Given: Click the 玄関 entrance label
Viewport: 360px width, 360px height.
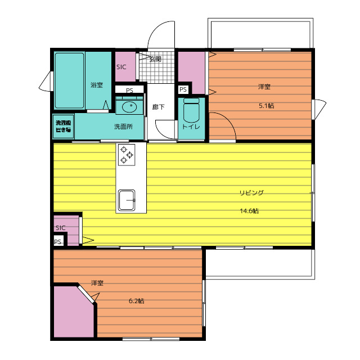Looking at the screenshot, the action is pos(155,59).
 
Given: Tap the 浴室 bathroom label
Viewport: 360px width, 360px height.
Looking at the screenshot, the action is pos(96,85).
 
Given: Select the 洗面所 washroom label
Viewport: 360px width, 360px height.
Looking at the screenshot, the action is pos(123,127).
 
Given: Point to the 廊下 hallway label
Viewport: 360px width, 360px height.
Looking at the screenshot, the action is pos(159,107).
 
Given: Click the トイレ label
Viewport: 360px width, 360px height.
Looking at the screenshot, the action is pos(191,127).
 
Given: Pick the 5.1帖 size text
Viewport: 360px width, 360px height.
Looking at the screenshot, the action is pos(266,106).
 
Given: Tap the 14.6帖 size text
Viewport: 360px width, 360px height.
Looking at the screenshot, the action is pos(249,211).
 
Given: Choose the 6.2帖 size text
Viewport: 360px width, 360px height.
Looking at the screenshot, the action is pos(136,301).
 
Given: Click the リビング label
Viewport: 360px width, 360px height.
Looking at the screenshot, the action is pos(251,192).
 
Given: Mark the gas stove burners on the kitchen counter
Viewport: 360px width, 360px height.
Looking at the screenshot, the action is pos(127,155).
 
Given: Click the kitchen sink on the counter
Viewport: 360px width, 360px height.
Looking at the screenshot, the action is pos(127,200).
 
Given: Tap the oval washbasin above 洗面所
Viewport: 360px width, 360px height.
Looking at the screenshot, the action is pos(129,107).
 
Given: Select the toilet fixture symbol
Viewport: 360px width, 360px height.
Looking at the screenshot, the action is pos(191,110).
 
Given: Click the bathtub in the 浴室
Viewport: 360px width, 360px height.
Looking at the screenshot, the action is pos(69,80).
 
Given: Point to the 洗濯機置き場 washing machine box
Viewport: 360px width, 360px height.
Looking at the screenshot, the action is pos(63,126).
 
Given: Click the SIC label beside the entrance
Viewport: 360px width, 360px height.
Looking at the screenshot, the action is pos(121,67).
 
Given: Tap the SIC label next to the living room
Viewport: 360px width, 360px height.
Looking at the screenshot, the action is pos(61,228).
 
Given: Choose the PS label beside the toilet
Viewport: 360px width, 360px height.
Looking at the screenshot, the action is pos(183,89).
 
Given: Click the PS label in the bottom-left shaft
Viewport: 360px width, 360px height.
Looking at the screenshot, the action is pos(57,242).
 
